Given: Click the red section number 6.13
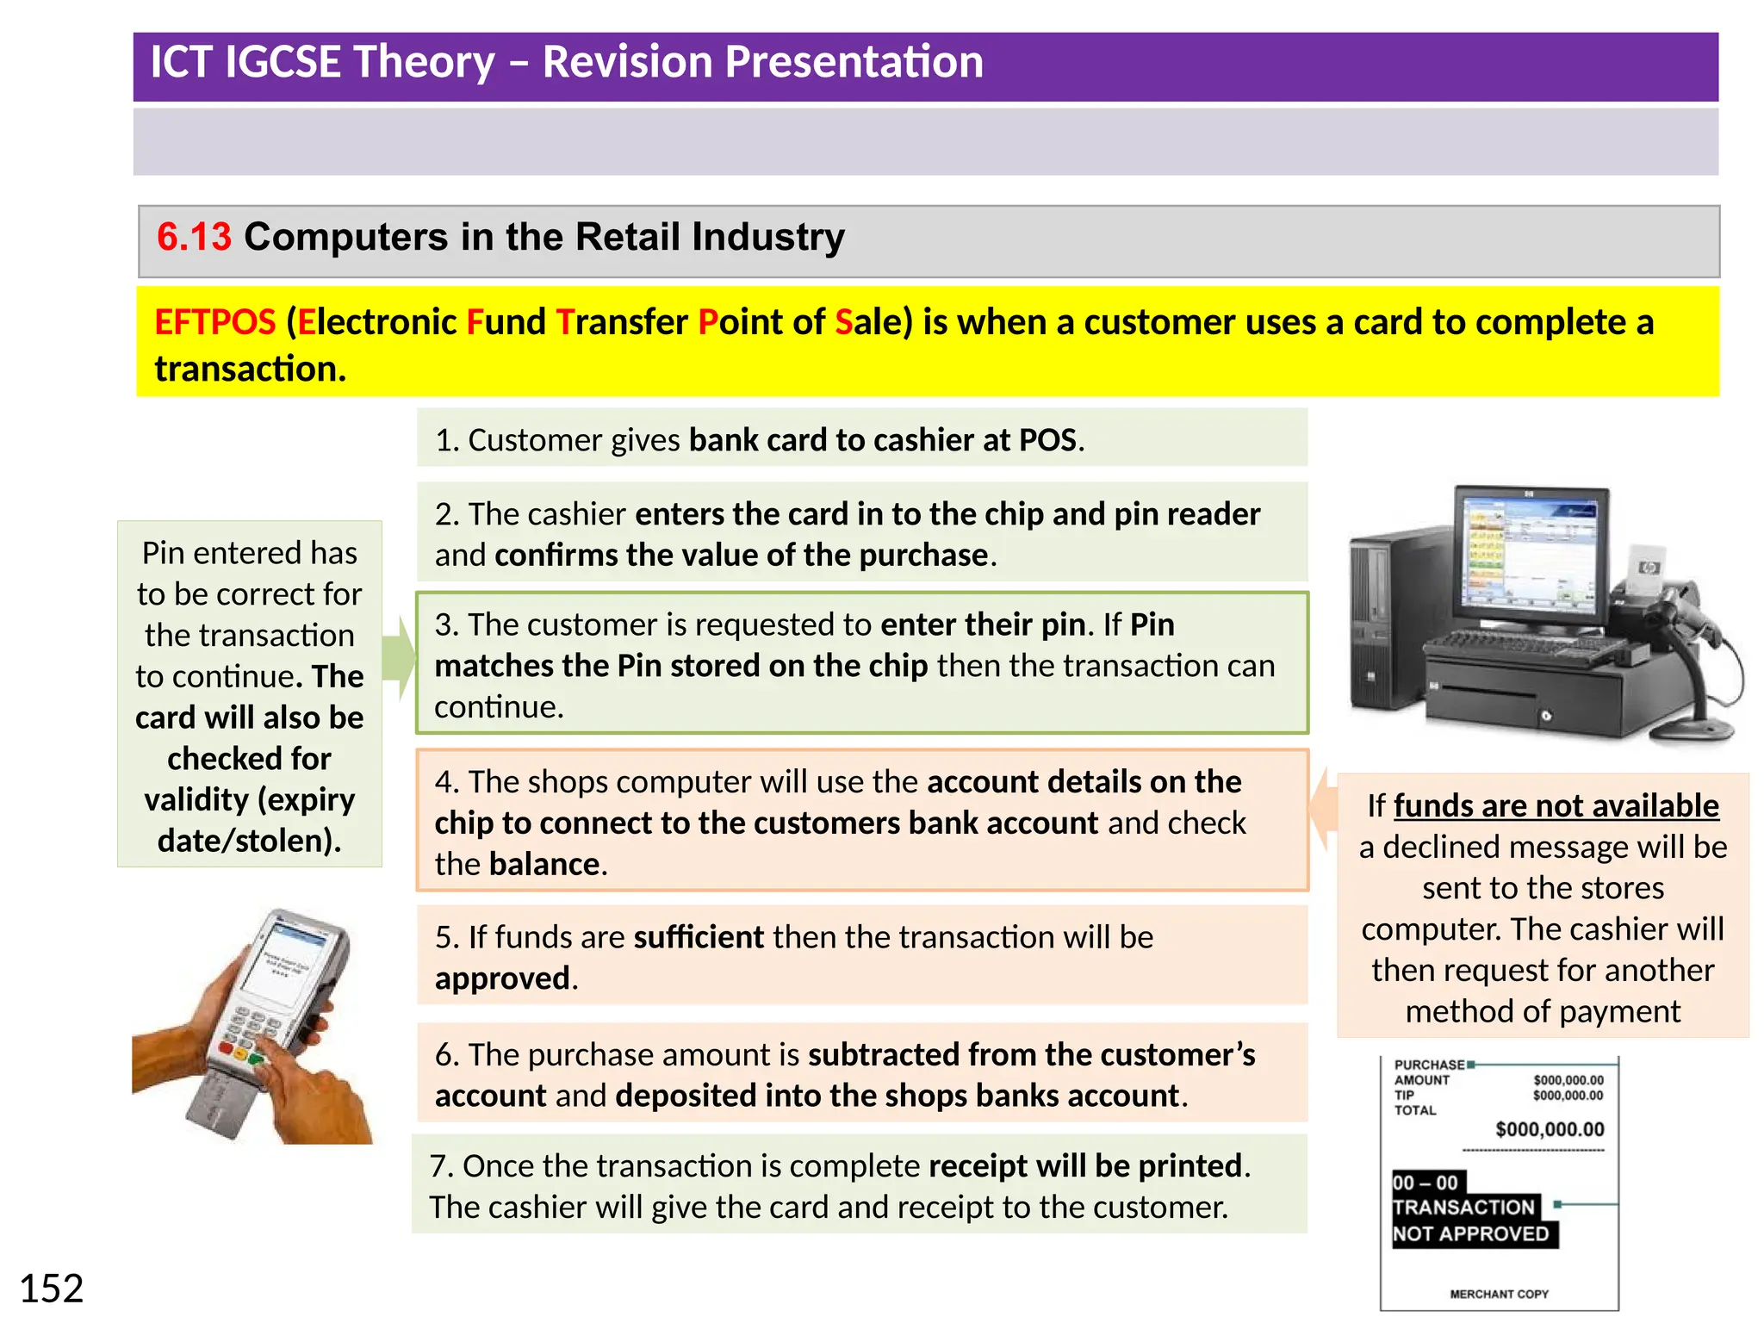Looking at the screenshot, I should [194, 237].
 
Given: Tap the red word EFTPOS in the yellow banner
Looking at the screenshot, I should [214, 322].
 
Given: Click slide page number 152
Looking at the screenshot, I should [52, 1289].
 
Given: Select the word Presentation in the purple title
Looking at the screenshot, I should [762, 62].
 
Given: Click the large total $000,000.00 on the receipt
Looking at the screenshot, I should [1550, 1129].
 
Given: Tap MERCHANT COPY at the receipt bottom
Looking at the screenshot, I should [1499, 1294].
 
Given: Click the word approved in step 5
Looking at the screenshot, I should [502, 978].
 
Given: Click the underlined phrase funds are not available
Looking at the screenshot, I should [1556, 806].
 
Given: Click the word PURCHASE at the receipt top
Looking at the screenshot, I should [1429, 1065].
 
